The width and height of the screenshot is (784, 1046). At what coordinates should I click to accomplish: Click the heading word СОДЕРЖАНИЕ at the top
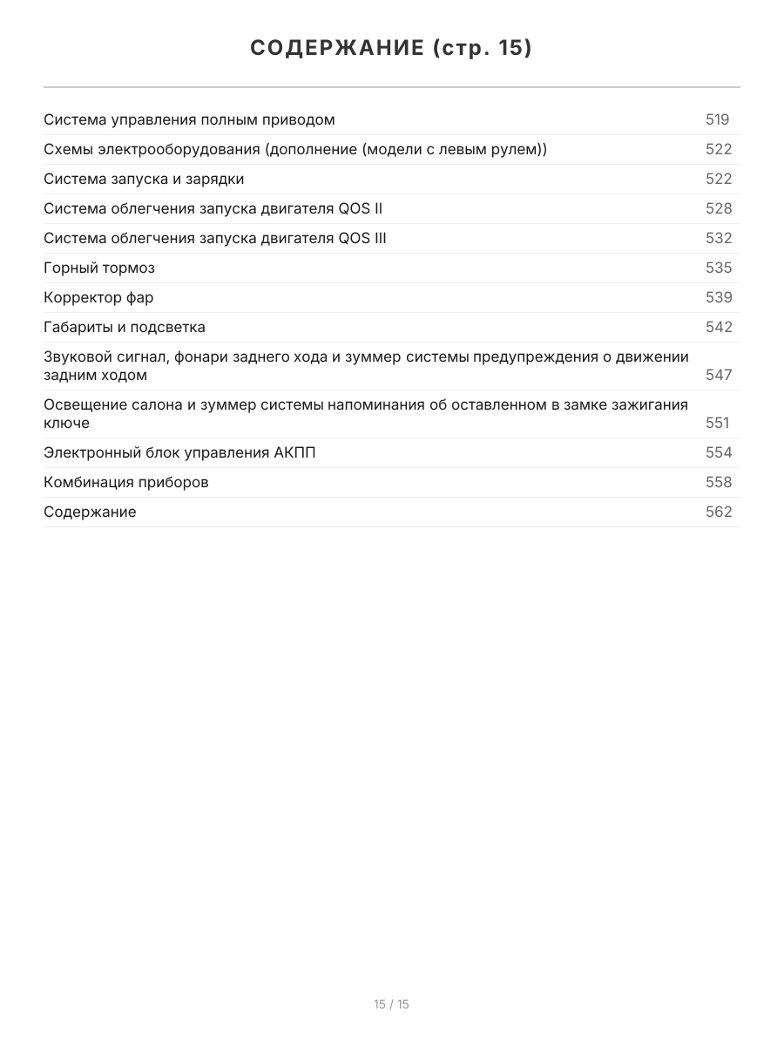click(335, 48)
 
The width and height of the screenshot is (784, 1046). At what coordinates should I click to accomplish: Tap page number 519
click(717, 119)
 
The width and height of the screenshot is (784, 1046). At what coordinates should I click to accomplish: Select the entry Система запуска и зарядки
click(144, 179)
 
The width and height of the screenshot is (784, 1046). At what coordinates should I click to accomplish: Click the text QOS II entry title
click(213, 208)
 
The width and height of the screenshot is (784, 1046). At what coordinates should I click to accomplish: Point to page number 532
click(719, 238)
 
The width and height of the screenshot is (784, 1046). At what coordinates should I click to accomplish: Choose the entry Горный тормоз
click(99, 268)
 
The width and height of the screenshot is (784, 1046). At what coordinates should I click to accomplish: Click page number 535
click(719, 268)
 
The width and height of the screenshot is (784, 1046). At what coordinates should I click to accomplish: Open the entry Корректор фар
click(98, 297)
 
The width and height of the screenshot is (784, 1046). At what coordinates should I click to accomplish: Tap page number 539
click(719, 297)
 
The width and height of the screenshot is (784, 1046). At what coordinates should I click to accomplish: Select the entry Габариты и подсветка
click(125, 327)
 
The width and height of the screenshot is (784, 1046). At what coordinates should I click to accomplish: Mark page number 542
click(719, 327)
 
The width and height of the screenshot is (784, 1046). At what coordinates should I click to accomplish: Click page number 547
click(719, 375)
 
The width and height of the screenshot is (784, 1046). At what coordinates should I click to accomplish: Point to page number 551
click(718, 423)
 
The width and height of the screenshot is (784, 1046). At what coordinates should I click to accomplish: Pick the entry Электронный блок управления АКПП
click(179, 452)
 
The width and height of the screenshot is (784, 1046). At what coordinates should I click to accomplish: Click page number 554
click(719, 452)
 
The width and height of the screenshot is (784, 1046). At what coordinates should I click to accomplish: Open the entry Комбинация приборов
click(126, 482)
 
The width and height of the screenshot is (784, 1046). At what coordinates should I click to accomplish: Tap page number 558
click(719, 482)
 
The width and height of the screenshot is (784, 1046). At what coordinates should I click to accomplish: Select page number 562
click(719, 512)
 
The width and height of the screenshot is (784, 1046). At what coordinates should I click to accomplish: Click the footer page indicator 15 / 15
click(391, 1004)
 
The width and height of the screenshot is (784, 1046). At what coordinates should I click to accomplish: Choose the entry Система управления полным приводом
click(189, 119)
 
